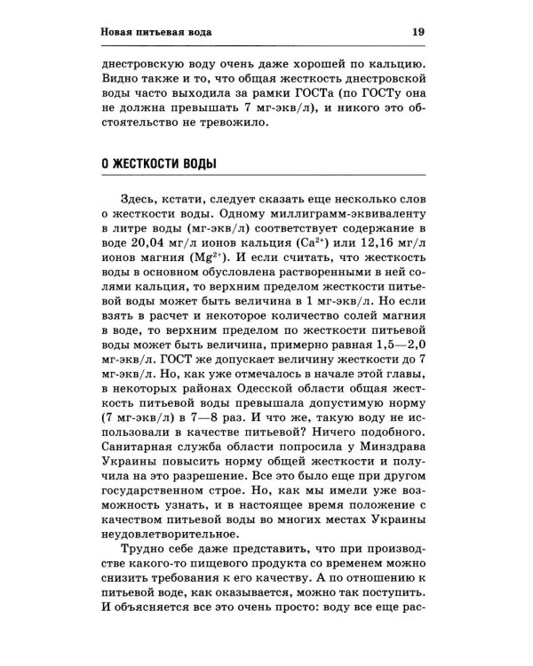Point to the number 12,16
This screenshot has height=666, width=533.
(x=384, y=245)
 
